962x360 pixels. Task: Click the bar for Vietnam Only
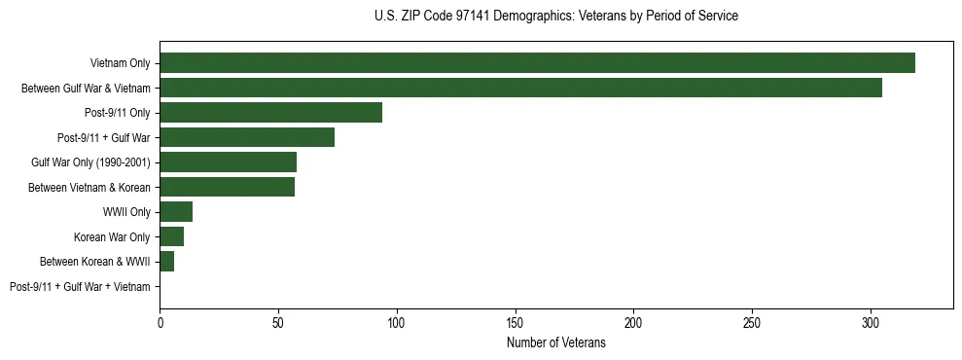point(537,63)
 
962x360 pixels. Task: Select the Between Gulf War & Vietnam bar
point(520,88)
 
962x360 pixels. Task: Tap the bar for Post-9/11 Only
point(270,113)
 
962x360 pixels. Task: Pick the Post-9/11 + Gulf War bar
point(247,137)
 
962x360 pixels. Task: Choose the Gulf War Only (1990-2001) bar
point(228,162)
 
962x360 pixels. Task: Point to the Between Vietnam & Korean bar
point(227,187)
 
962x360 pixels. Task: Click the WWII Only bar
point(176,212)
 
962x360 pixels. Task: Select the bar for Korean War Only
point(171,236)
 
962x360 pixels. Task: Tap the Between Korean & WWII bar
point(166,262)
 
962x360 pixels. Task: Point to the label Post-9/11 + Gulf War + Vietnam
point(80,287)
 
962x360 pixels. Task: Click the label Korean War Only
point(112,236)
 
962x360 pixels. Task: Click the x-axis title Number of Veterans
point(556,342)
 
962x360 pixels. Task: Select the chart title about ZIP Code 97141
point(556,17)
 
